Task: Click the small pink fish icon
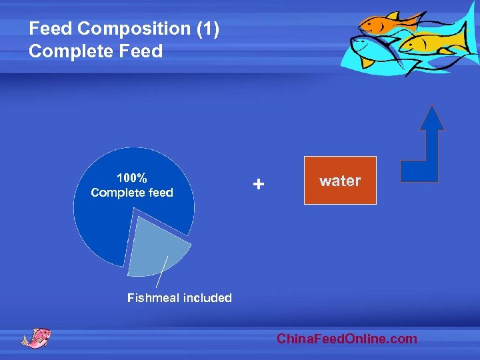pos(36,337)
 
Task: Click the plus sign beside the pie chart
pos(259,183)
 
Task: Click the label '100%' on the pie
pos(132,178)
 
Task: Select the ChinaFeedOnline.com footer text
pos(347,339)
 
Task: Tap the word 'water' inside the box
pos(340,181)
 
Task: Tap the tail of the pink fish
pos(25,341)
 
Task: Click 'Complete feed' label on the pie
pos(132,193)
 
